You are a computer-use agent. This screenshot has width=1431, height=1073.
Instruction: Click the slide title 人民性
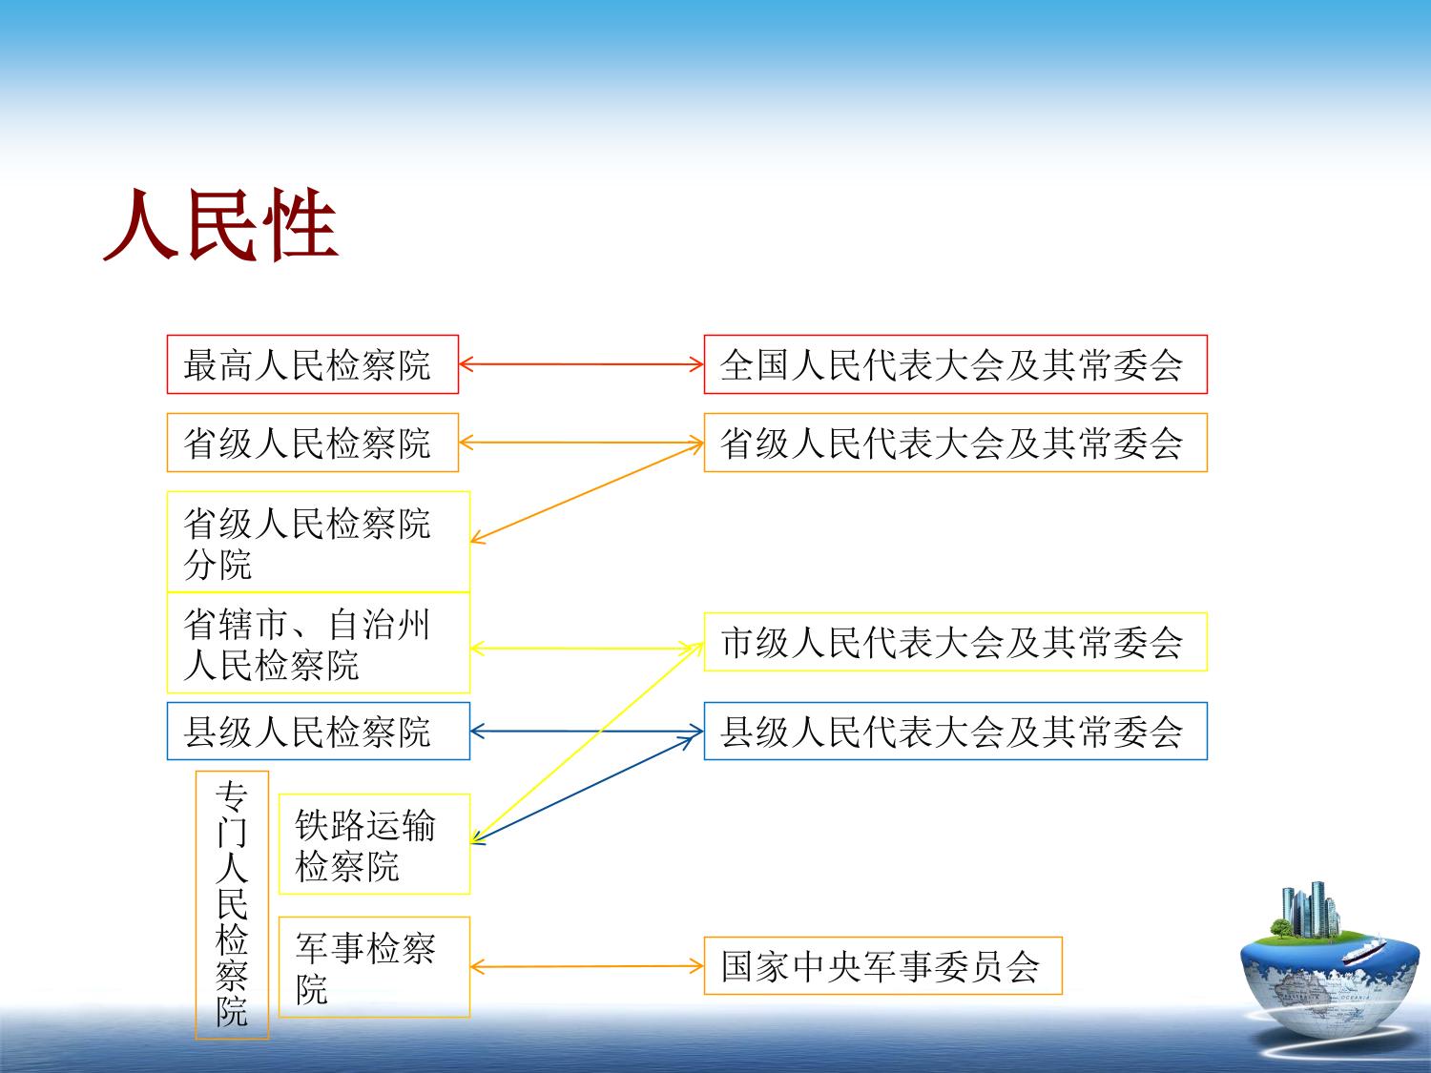click(220, 225)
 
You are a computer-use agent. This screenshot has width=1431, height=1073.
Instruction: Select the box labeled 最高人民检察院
click(313, 364)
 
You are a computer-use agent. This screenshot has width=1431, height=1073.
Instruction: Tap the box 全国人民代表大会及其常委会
click(956, 364)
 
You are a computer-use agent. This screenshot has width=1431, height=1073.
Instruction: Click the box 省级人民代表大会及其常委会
click(956, 443)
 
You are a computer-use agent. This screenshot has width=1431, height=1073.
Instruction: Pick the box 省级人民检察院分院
click(318, 542)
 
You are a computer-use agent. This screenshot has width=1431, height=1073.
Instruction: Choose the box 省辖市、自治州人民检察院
click(318, 643)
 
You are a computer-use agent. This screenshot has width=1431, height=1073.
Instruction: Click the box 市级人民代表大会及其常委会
click(956, 642)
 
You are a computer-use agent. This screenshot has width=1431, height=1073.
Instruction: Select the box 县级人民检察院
click(318, 731)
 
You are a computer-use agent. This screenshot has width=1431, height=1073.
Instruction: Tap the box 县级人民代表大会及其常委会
click(956, 731)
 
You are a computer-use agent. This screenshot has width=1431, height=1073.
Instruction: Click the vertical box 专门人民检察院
click(232, 905)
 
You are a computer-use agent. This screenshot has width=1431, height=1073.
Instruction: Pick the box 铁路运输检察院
click(374, 844)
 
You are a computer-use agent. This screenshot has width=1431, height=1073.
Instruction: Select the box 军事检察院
click(374, 967)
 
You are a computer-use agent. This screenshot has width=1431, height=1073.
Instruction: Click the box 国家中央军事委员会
click(883, 965)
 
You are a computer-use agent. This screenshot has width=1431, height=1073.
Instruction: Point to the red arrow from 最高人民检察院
click(582, 364)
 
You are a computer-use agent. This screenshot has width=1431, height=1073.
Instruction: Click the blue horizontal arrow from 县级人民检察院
click(587, 732)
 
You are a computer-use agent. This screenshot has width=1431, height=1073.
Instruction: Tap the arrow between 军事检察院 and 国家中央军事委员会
click(587, 967)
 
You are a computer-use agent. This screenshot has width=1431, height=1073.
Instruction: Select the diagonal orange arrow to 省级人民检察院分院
click(587, 492)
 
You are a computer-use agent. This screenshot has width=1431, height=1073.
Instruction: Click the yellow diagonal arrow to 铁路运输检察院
click(587, 742)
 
